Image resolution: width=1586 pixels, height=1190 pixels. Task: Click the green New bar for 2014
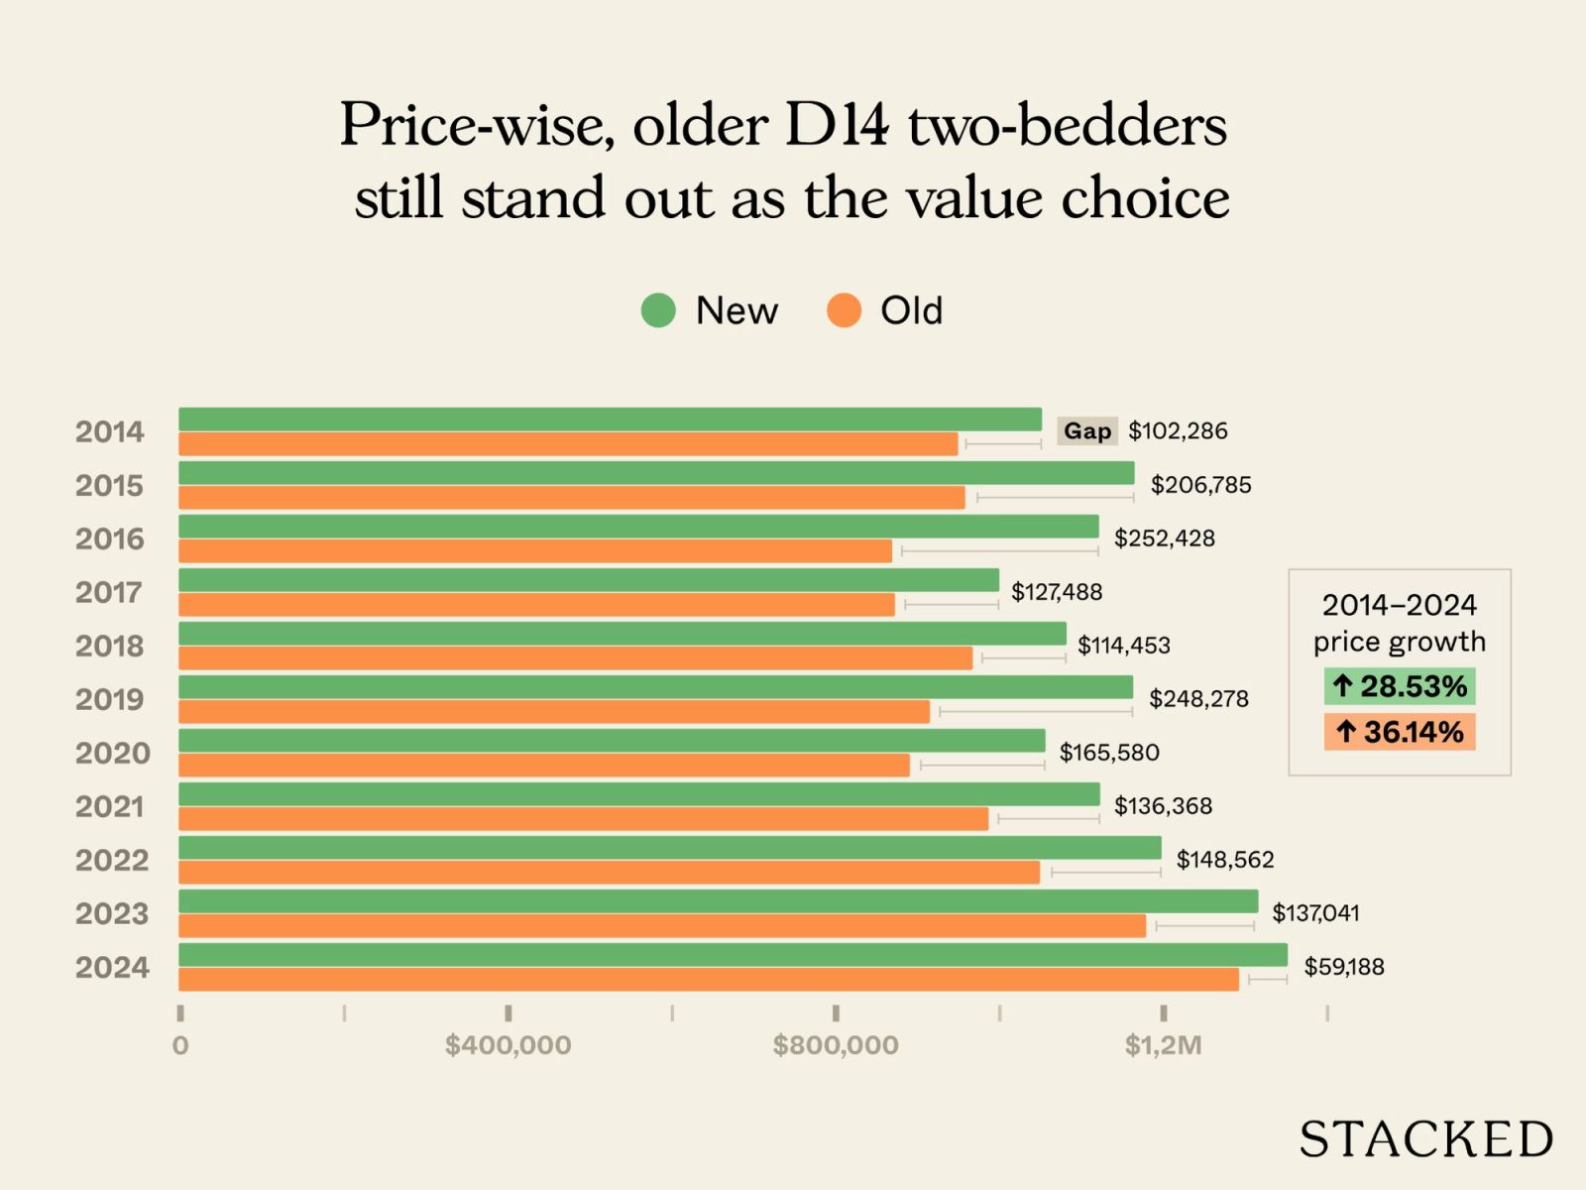pyautogui.click(x=610, y=419)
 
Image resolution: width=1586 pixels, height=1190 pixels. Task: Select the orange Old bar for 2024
pyautogui.click(x=709, y=980)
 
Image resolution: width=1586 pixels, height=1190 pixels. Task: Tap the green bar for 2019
pyautogui.click(x=655, y=687)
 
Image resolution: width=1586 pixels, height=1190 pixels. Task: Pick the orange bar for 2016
pyautogui.click(x=535, y=551)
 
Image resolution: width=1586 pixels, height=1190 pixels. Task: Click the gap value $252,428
pyautogui.click(x=1164, y=538)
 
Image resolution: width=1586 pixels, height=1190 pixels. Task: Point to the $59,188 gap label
pyautogui.click(x=1343, y=967)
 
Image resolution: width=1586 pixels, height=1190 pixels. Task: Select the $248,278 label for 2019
pyautogui.click(x=1198, y=699)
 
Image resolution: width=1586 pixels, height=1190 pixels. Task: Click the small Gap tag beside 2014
pyautogui.click(x=1086, y=431)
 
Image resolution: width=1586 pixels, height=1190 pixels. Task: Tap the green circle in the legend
pyautogui.click(x=658, y=310)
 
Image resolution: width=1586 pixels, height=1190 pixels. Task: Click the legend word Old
pyautogui.click(x=911, y=311)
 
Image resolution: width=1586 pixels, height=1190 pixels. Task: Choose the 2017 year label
pyautogui.click(x=109, y=593)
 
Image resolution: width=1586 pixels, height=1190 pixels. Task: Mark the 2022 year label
pyautogui.click(x=112, y=861)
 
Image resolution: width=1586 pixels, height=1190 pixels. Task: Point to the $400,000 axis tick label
pyautogui.click(x=508, y=1045)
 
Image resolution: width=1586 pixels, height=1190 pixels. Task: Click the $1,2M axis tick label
pyautogui.click(x=1163, y=1045)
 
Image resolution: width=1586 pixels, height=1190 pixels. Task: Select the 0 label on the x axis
pyautogui.click(x=180, y=1045)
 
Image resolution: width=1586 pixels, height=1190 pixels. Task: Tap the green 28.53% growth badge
pyautogui.click(x=1399, y=686)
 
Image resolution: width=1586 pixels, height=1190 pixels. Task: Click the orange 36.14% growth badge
pyautogui.click(x=1399, y=733)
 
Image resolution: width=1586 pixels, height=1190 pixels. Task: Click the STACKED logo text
pyautogui.click(x=1425, y=1139)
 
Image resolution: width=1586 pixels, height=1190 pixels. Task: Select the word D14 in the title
pyautogui.click(x=837, y=126)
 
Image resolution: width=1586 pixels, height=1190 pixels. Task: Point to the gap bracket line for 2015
pyautogui.click(x=1055, y=497)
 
